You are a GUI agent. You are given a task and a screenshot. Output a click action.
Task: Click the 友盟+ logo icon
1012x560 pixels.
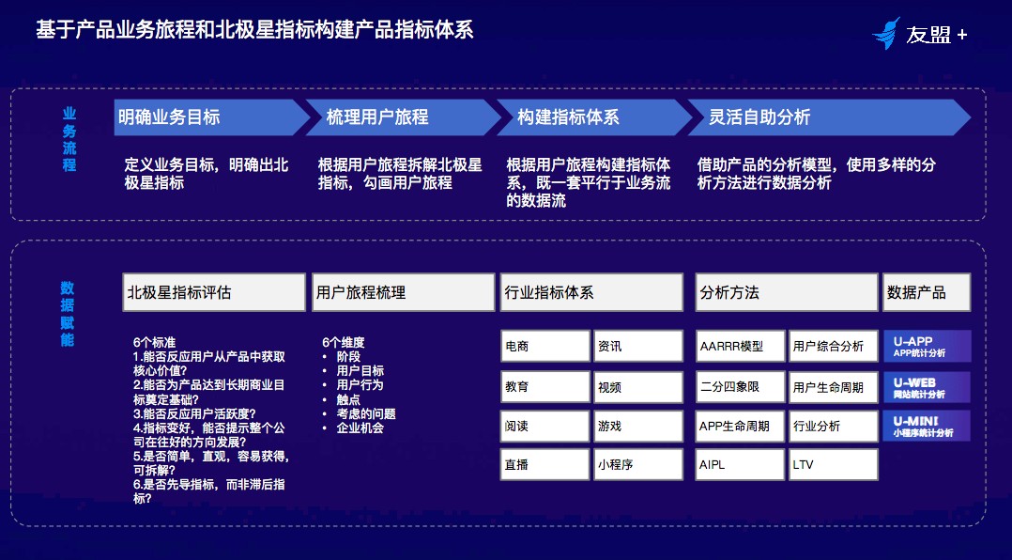886,34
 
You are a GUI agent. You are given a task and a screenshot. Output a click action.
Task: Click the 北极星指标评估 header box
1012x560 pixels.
214,292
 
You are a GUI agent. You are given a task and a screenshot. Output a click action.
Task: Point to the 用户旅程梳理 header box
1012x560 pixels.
403,292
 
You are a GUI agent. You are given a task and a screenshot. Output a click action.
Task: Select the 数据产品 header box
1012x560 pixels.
927,292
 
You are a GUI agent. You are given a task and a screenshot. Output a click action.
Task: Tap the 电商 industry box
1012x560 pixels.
544,346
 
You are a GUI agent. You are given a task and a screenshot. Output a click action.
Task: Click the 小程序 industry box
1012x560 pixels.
637,464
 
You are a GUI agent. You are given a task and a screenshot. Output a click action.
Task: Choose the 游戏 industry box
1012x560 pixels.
637,426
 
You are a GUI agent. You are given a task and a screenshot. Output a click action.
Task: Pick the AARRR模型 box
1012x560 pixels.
741,346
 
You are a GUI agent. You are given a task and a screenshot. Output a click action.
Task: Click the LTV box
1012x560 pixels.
834,464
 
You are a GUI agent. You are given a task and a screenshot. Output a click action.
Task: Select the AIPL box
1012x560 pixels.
741,464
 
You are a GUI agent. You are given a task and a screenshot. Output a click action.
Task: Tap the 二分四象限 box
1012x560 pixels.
741,387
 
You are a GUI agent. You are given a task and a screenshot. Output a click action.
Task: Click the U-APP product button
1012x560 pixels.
927,346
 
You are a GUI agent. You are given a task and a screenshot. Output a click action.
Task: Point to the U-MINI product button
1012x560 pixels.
927,426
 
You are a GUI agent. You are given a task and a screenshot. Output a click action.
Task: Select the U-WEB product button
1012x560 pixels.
927,387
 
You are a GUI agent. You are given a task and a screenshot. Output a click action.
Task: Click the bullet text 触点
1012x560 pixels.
348,400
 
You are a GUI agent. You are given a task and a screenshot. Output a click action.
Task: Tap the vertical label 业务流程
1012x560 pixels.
69,139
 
